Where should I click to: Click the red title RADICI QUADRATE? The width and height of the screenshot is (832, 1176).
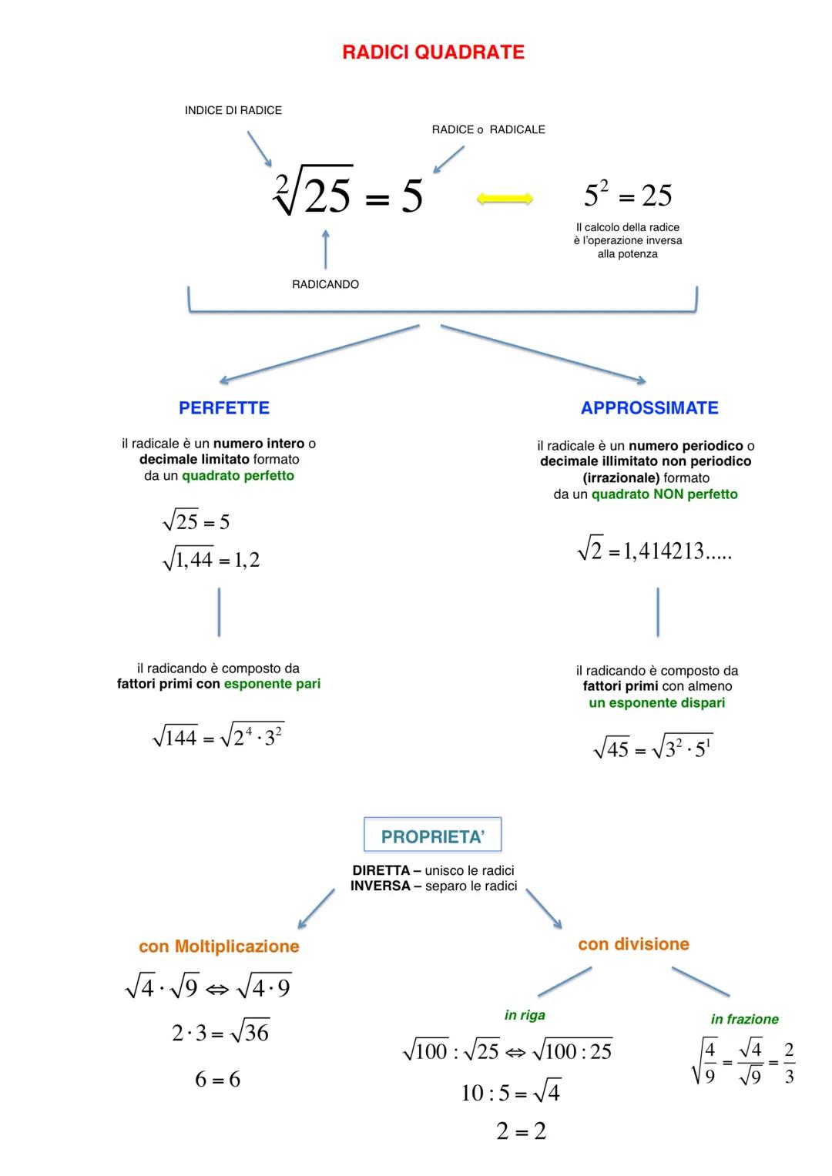point(433,52)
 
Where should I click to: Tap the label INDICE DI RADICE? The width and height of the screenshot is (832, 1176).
point(233,110)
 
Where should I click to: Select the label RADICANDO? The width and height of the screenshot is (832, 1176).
point(325,284)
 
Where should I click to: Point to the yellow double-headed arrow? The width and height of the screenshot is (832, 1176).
point(505,199)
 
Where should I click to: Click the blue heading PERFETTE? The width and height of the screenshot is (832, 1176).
point(224,408)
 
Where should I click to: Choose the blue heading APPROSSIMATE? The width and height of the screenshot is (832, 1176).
point(649,408)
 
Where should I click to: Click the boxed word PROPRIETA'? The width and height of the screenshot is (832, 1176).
point(432,836)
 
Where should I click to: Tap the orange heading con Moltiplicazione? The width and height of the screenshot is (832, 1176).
point(219,946)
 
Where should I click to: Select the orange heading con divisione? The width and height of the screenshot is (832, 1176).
point(633,944)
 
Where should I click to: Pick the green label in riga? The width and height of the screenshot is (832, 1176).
point(525,1015)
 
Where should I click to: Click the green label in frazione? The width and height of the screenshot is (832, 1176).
point(744,1019)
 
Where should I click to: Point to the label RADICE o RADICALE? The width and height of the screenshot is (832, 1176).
point(488,129)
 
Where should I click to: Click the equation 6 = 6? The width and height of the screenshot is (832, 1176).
point(217,1080)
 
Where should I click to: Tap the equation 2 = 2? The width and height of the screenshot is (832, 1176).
point(521,1131)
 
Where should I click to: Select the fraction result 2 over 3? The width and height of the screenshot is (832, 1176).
point(789,1063)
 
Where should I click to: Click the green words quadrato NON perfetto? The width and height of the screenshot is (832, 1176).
point(664,494)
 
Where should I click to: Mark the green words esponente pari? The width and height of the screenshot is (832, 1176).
point(272,684)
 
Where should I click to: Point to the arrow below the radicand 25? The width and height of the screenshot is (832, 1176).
point(325,248)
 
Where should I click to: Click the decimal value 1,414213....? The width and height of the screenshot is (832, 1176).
point(664,551)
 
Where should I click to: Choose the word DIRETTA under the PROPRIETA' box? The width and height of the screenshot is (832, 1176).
point(381,870)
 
